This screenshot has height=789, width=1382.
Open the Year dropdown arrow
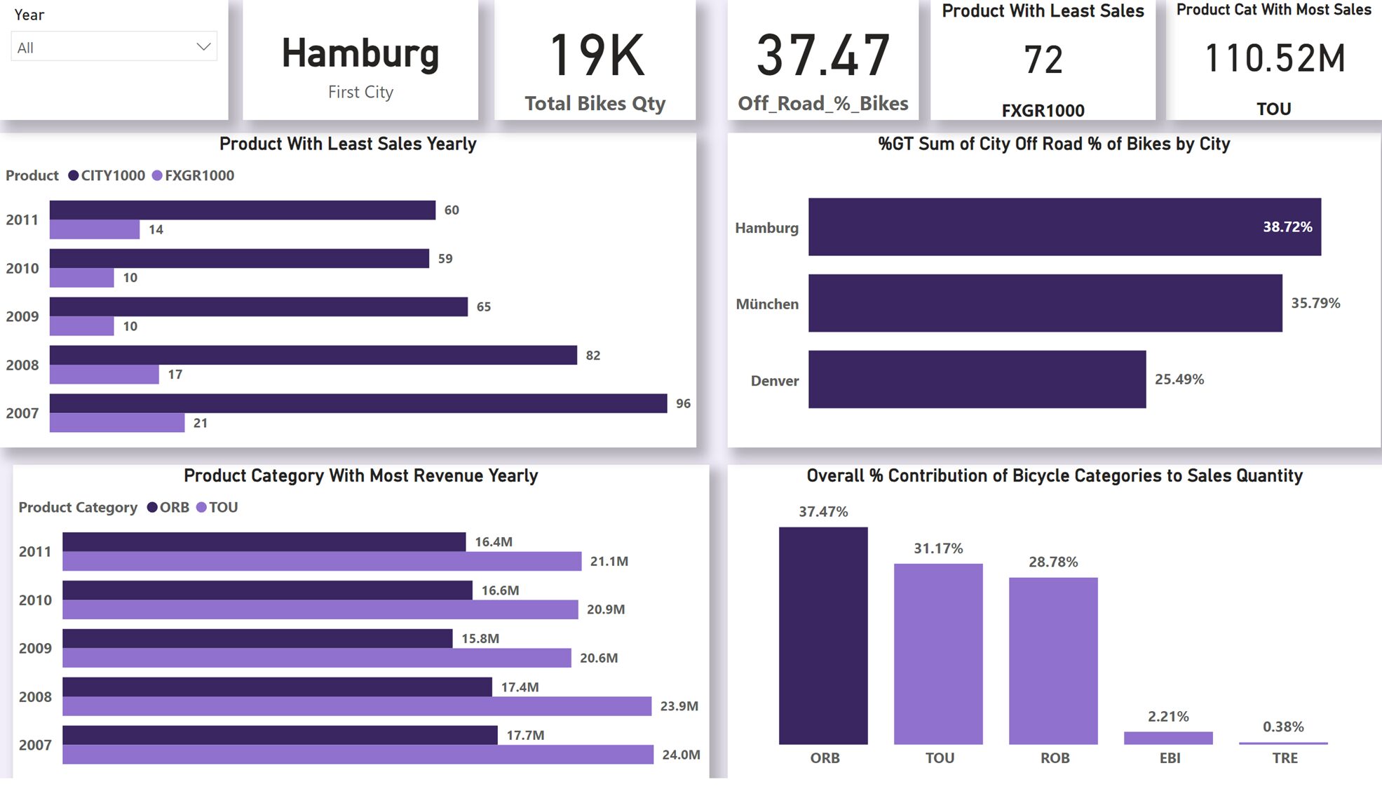point(203,47)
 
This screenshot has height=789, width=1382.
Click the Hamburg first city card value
point(360,54)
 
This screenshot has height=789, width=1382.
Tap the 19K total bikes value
point(596,55)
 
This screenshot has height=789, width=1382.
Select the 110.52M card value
point(1274,58)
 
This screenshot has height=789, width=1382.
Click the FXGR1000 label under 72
point(1043,110)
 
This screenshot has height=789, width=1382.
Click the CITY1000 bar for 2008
point(313,355)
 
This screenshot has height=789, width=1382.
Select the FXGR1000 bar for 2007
point(117,423)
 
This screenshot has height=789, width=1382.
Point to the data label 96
point(683,403)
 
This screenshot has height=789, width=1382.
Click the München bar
point(1045,303)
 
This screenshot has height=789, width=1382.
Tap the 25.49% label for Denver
point(1179,379)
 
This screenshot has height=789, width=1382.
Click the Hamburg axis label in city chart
point(766,228)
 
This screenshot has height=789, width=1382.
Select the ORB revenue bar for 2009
point(257,638)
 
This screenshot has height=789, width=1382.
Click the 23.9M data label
point(679,706)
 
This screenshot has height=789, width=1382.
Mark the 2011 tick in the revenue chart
point(35,552)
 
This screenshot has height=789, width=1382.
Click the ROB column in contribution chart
point(1052,661)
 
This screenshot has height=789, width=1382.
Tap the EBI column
point(1167,738)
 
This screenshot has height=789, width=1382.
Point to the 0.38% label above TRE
point(1282,727)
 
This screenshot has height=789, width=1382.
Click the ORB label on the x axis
point(825,758)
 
